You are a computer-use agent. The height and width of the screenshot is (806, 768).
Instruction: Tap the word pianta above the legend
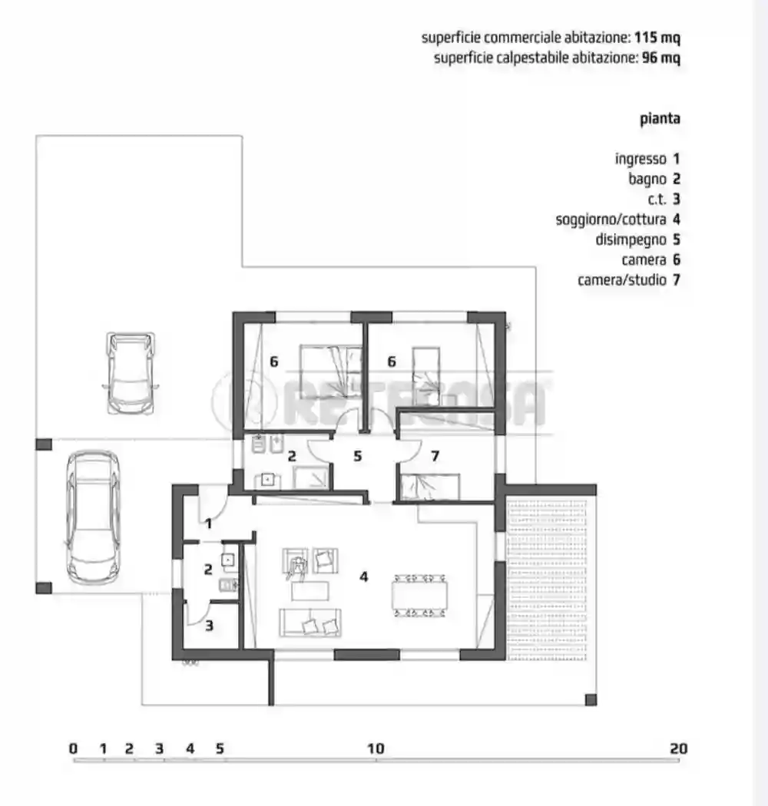pos(660,119)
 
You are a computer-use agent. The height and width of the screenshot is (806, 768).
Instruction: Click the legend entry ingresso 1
pos(647,160)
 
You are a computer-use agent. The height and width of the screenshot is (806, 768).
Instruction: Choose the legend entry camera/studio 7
pos(628,279)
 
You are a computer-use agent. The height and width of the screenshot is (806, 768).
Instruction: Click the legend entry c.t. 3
pos(659,200)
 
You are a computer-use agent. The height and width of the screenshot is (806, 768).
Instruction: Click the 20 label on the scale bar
pos(677,748)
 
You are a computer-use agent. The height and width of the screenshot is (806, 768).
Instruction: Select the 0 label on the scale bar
pos(73,748)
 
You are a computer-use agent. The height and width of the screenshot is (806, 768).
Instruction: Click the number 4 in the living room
pos(363,575)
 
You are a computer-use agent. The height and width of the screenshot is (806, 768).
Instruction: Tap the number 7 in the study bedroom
pos(435,456)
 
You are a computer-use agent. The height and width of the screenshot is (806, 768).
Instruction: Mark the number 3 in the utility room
pos(209,625)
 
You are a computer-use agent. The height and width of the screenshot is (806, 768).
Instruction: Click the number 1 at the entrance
pos(208,524)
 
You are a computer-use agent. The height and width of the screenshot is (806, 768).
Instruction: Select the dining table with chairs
pos(419,594)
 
